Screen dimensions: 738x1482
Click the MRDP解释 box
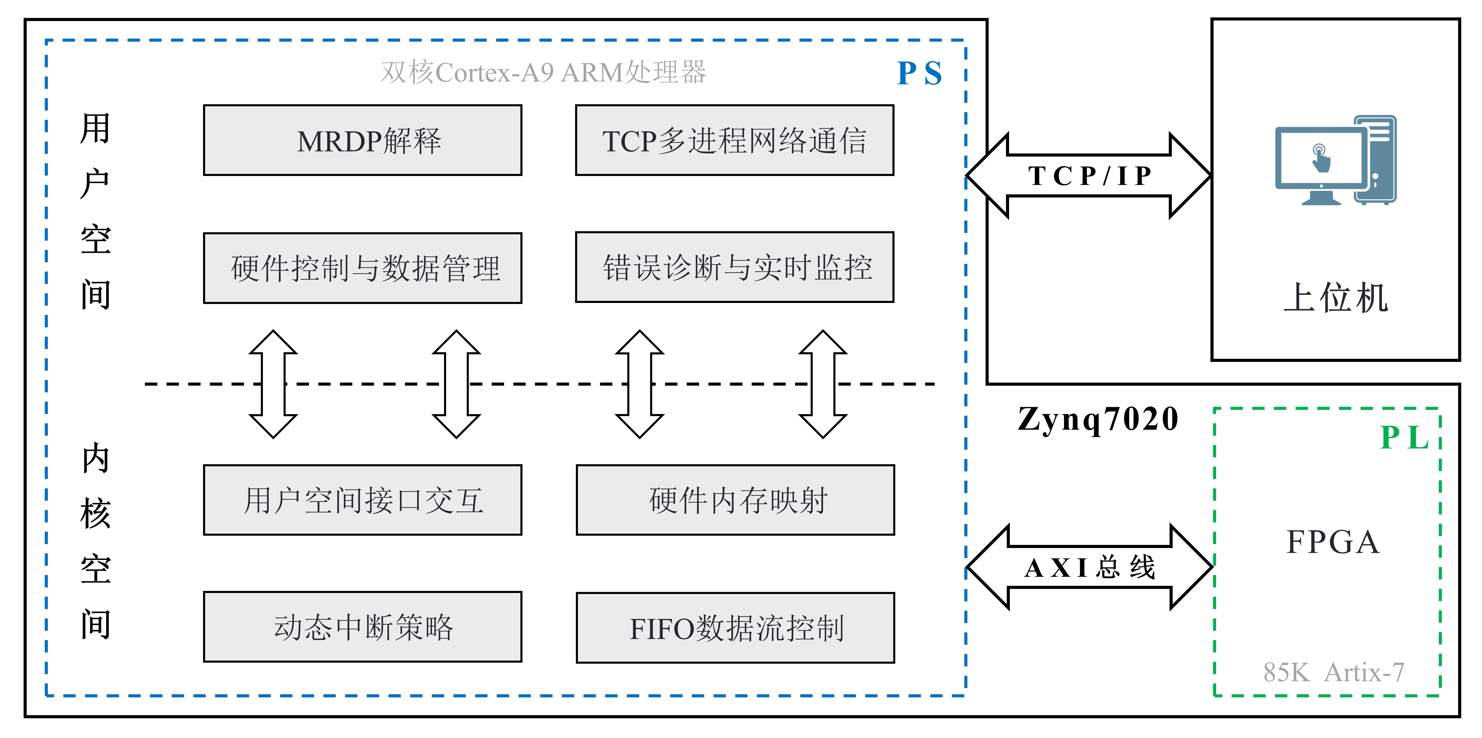tap(363, 140)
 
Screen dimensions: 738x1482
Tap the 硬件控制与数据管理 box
tap(363, 268)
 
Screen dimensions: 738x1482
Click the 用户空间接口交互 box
tap(363, 500)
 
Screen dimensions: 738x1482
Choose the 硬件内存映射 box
tap(735, 500)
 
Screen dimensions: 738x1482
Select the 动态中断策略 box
tap(363, 627)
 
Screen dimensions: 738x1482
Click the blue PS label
tap(919, 74)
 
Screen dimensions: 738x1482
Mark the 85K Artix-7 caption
tap(1334, 672)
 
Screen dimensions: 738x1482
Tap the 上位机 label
tap(1336, 298)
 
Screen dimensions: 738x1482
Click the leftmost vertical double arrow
tap(273, 384)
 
